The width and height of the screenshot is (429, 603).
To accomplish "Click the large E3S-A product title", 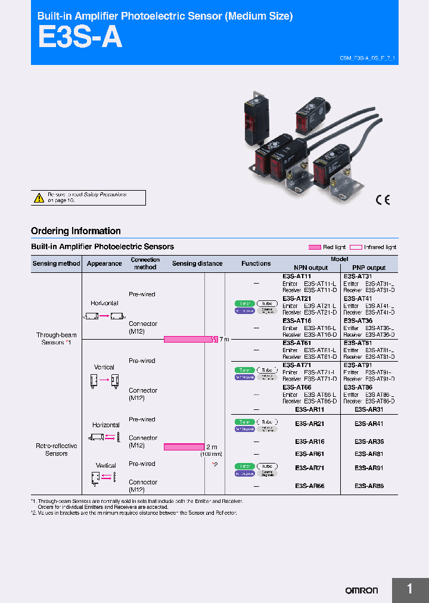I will [x=80, y=38].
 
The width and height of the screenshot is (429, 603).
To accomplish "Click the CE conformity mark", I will [x=382, y=200].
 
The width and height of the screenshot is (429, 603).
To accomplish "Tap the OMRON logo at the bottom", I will [x=362, y=590].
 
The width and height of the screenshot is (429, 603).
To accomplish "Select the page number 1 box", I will [x=410, y=589].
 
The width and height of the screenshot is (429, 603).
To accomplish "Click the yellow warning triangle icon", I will [x=39, y=197].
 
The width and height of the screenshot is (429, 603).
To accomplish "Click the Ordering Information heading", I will [x=76, y=231].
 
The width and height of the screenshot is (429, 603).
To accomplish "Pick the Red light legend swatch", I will [x=315, y=247].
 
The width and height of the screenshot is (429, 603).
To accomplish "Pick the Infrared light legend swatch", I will [x=356, y=247].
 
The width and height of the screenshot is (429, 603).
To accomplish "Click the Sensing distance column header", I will [x=197, y=263].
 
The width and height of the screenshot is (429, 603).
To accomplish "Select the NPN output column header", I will [x=310, y=268].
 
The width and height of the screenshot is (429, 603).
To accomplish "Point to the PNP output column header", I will [x=369, y=268].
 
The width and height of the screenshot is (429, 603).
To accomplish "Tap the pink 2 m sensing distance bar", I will [x=184, y=446].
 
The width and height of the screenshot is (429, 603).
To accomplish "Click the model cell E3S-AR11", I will [x=310, y=410].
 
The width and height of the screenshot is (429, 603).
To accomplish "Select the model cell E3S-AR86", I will [x=369, y=486].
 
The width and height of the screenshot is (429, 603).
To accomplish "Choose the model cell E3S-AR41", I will [x=369, y=424].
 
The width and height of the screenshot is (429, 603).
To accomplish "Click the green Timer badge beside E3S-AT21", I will [x=244, y=303].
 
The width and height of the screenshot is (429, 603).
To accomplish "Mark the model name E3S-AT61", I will [x=297, y=343].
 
